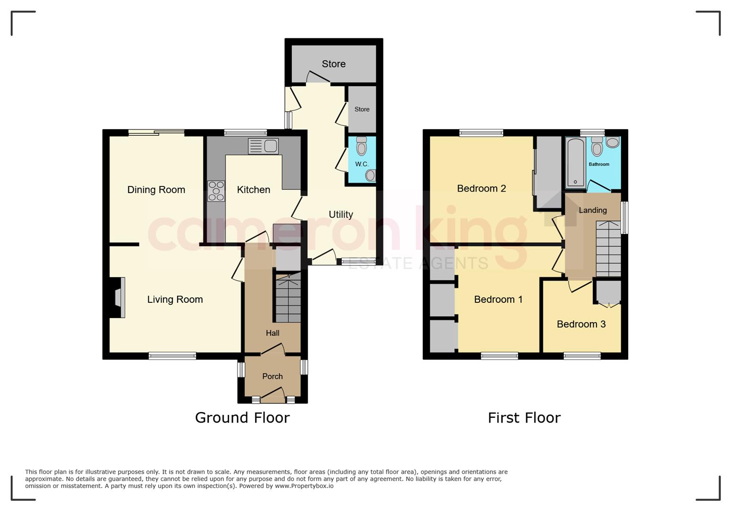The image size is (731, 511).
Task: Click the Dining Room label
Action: tap(156, 189)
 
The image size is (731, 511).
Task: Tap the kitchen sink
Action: tap(263, 146)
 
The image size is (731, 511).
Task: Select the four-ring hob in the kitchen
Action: tap(216, 191)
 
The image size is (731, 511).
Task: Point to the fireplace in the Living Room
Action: tap(117, 297)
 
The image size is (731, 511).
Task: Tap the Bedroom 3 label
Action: tap(581, 324)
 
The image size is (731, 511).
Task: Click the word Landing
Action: tap(593, 211)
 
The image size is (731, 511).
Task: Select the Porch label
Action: tap(273, 376)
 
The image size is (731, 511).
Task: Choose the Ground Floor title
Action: tap(242, 418)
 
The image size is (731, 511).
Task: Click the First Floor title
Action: tap(524, 418)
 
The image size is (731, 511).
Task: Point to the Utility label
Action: tap(341, 215)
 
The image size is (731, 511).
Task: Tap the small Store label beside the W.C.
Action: tap(362, 109)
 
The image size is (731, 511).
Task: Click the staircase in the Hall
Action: tap(288, 298)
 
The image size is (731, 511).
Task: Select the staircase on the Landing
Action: tap(608, 249)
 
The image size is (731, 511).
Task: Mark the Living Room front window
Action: tap(172, 356)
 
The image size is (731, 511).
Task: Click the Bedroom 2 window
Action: tap(481, 133)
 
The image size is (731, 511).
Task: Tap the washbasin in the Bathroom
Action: tap(613, 142)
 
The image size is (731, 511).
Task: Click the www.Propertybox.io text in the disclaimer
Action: tap(304, 486)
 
